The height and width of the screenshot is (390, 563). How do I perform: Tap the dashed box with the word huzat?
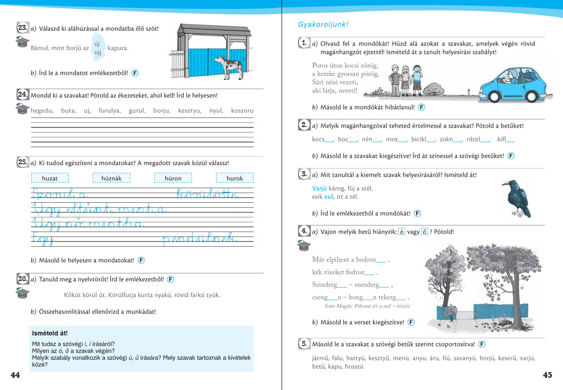click(50, 178)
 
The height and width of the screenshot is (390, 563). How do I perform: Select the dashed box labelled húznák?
click(111, 178)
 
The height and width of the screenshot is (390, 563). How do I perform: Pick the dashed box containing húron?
click(173, 178)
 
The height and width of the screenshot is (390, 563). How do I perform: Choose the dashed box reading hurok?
click(234, 178)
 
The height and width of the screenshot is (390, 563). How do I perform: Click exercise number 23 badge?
click(22, 28)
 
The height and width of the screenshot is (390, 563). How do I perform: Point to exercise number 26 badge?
click(22, 279)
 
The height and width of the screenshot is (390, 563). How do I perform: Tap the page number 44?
click(15, 375)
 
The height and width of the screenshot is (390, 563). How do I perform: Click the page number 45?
click(547, 375)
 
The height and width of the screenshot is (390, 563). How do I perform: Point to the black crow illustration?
click(515, 197)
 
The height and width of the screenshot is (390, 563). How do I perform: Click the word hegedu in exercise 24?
click(41, 111)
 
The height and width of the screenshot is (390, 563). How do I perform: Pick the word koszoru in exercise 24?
click(242, 111)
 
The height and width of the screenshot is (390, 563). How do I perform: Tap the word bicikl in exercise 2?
click(419, 139)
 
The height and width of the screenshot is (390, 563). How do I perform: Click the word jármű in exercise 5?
click(320, 358)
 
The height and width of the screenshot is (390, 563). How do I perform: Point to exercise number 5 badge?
click(303, 344)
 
